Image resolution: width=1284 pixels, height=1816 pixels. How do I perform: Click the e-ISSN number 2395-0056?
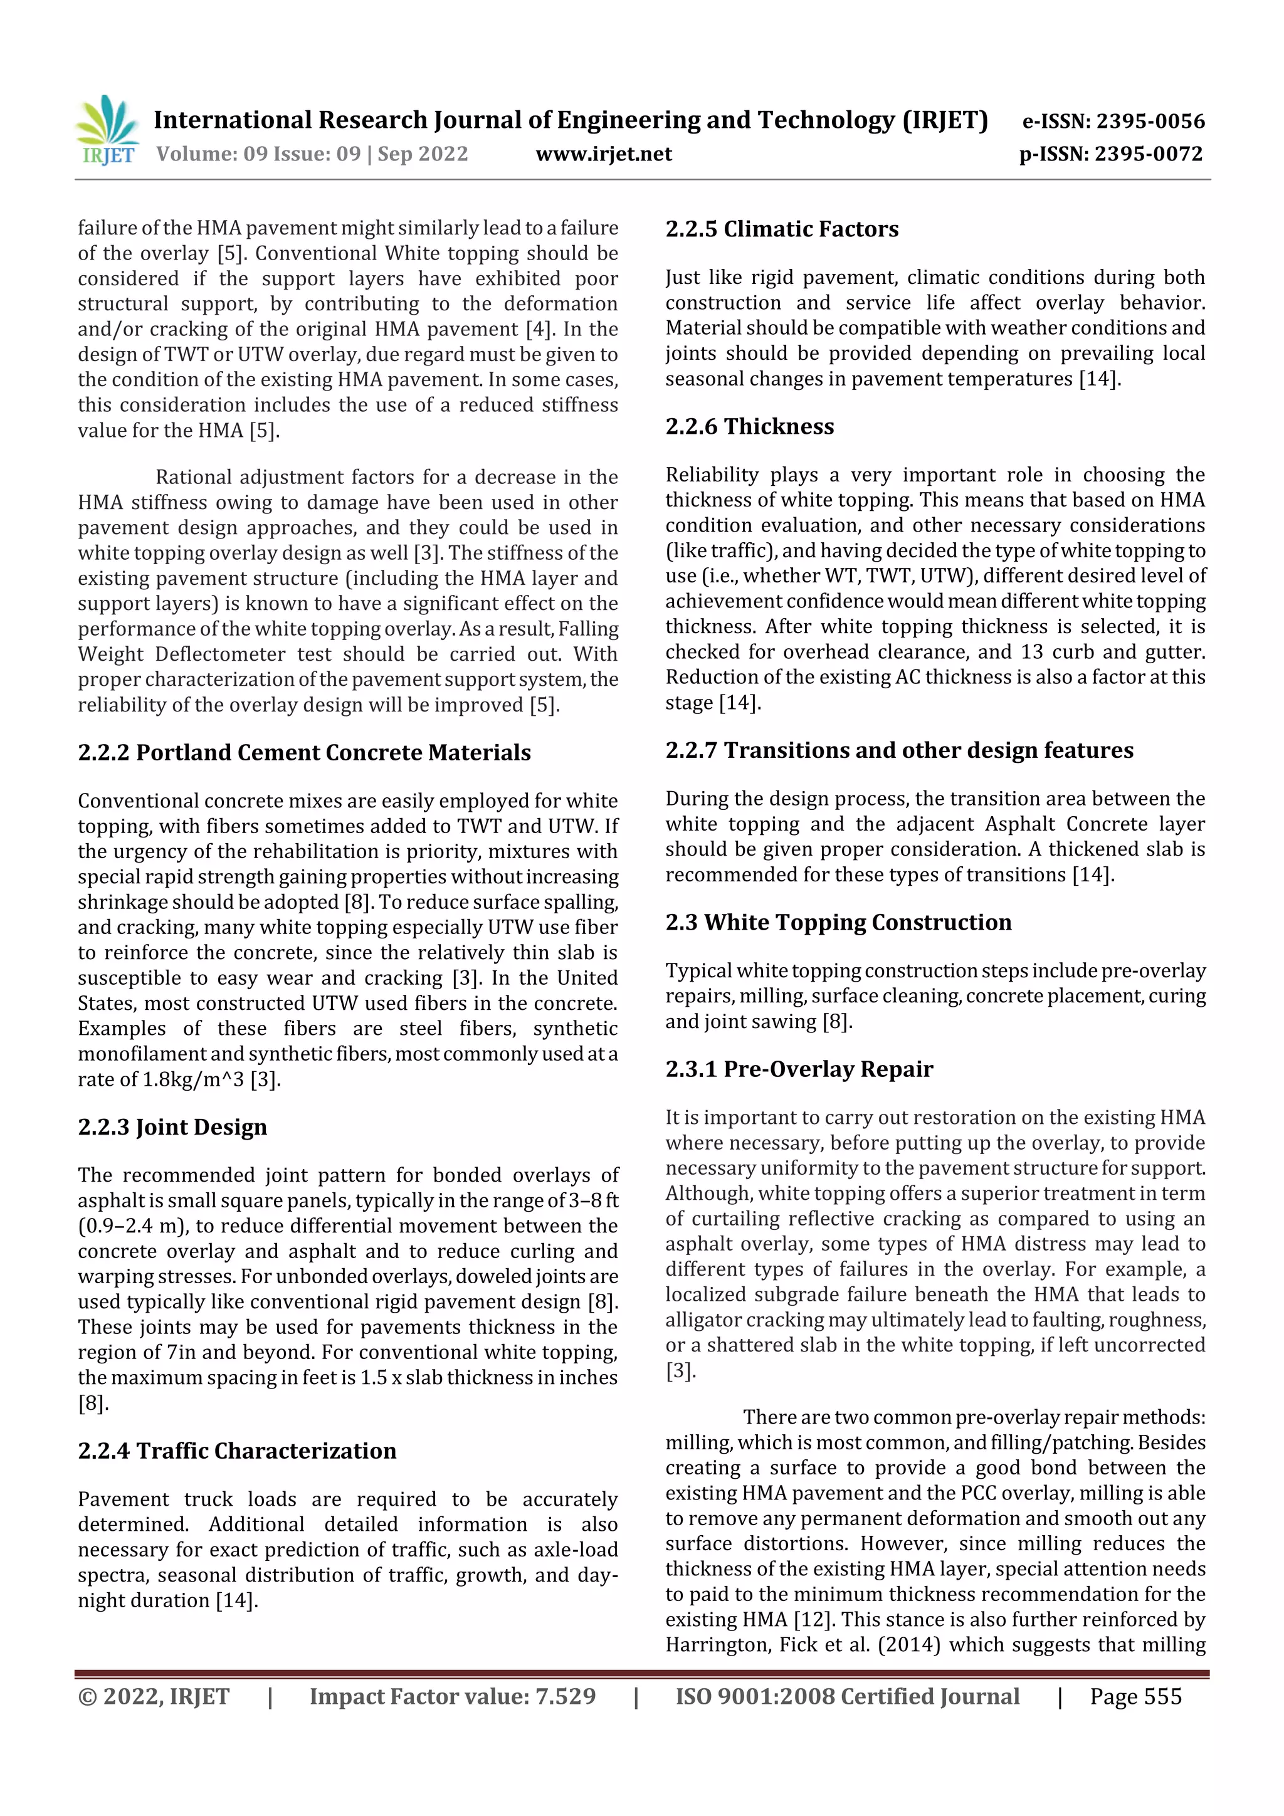point(1150,121)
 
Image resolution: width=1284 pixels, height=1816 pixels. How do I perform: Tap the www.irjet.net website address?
point(604,154)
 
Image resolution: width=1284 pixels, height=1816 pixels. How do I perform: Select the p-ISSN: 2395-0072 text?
point(1111,154)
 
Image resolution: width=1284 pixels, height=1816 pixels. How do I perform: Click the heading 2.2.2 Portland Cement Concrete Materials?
point(305,752)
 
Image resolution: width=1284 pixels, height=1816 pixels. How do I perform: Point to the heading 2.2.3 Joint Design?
point(172,1126)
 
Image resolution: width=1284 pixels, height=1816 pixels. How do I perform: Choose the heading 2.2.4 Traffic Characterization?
point(238,1451)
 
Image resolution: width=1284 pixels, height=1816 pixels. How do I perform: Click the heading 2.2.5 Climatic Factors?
point(782,229)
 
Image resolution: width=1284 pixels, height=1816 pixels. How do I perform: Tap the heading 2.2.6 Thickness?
point(749,426)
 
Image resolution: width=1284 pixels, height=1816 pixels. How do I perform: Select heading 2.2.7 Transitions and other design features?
point(898,750)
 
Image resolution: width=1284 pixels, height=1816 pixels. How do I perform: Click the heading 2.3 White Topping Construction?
point(838,922)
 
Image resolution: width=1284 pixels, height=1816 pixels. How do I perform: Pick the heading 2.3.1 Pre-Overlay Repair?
point(799,1069)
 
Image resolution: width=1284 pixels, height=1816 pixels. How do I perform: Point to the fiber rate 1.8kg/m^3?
point(193,1079)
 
